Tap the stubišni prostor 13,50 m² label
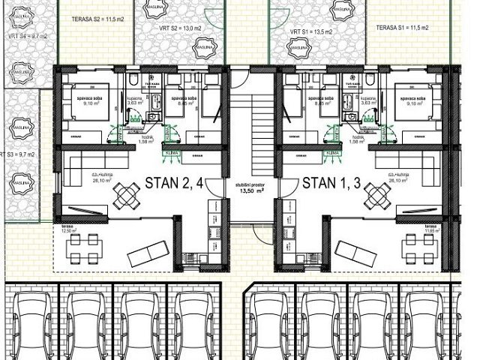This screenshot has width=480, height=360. click(252, 187)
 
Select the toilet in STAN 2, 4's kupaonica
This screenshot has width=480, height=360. click(132, 81)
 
